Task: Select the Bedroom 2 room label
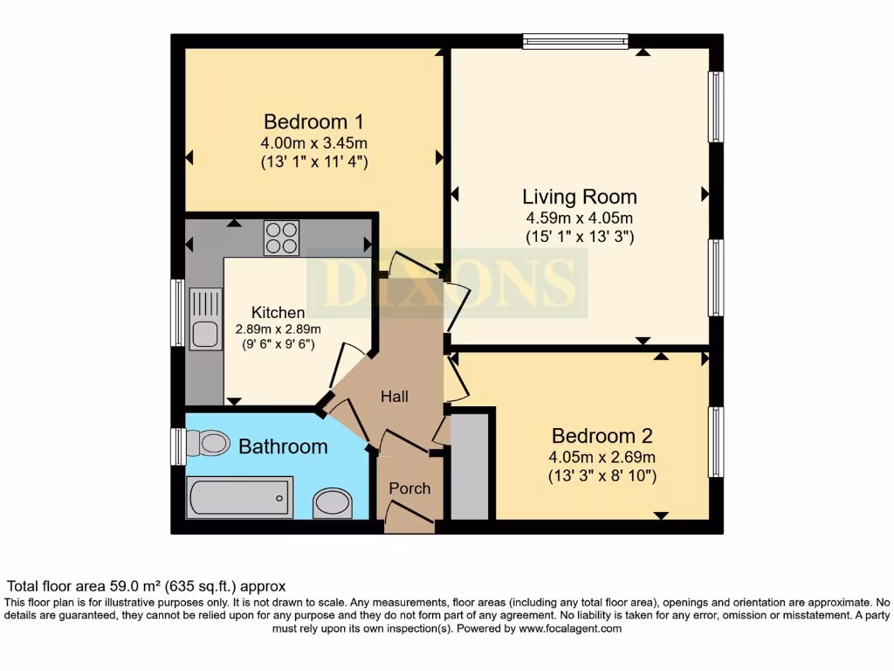click(x=602, y=436)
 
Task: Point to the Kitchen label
click(x=279, y=312)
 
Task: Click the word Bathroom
click(x=283, y=446)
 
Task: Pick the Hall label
click(x=395, y=396)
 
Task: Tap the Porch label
click(x=409, y=488)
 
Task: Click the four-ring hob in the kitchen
click(x=281, y=237)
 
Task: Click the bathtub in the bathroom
click(x=240, y=497)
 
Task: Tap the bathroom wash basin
click(x=332, y=503)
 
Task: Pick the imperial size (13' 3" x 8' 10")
click(x=602, y=476)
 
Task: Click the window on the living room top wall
click(x=575, y=40)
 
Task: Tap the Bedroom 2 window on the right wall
click(x=716, y=441)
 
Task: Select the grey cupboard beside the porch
click(x=470, y=467)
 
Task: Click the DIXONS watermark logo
click(x=447, y=283)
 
